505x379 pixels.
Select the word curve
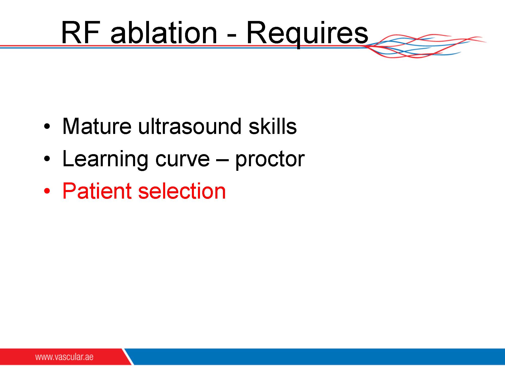click(x=182, y=160)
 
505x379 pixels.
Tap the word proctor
click(x=270, y=160)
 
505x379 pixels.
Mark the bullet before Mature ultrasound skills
click(x=47, y=127)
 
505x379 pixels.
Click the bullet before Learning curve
click(x=47, y=159)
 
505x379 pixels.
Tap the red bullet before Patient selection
click(x=47, y=191)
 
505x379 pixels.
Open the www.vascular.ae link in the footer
click(x=64, y=357)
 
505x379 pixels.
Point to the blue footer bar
click(x=316, y=357)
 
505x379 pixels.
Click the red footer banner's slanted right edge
click(x=128, y=357)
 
